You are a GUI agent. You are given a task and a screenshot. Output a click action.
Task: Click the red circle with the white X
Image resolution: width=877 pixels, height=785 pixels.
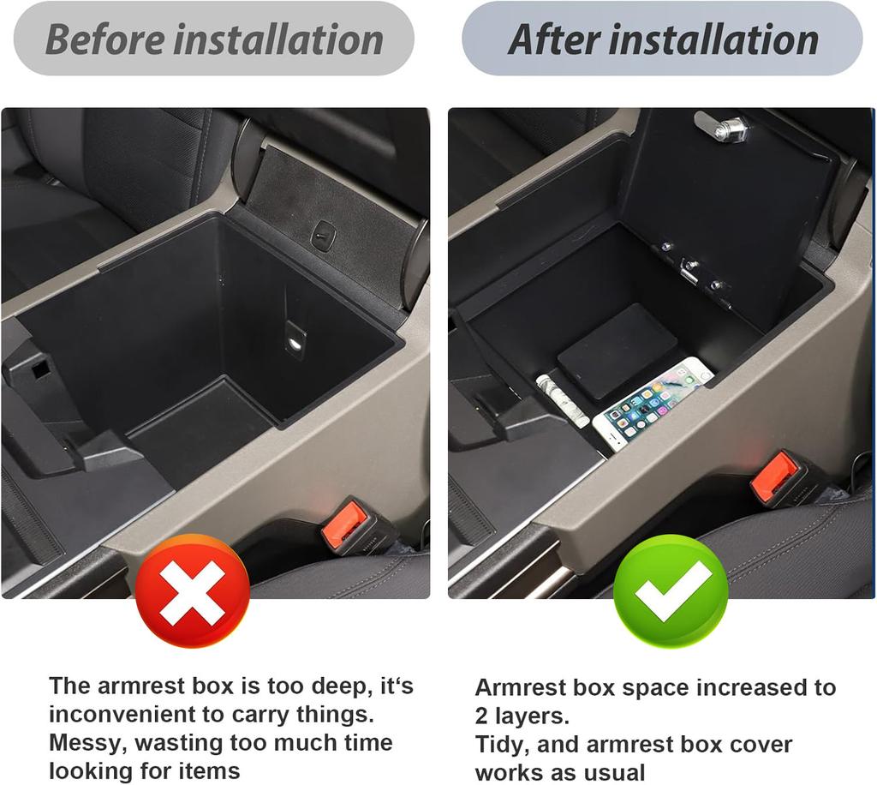193,591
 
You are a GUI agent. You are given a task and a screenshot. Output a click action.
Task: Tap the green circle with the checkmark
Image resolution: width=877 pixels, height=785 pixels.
671,591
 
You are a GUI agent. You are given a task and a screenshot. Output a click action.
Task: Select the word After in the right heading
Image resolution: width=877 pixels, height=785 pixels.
553,40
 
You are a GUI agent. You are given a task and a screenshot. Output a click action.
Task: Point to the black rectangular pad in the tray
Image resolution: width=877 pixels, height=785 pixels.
617,351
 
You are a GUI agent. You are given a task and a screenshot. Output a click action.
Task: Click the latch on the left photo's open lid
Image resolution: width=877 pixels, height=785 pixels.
323,235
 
